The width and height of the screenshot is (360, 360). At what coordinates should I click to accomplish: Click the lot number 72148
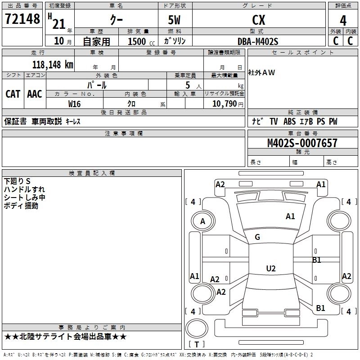(x=22, y=19)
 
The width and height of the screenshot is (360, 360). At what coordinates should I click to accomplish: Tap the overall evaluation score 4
(x=343, y=20)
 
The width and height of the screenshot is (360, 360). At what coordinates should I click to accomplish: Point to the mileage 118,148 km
(x=53, y=64)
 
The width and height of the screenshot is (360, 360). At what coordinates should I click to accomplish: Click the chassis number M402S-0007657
(x=302, y=143)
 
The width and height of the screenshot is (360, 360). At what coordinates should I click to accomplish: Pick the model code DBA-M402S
(x=258, y=41)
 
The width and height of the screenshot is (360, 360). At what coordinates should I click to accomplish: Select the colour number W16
(x=75, y=103)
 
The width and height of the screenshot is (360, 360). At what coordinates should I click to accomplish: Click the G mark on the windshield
(x=257, y=237)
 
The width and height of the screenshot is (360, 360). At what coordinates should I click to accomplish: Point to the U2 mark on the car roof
(x=270, y=269)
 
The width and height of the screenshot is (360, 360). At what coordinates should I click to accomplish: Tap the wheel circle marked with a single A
(x=202, y=221)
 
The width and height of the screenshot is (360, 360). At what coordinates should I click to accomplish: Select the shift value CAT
(x=13, y=94)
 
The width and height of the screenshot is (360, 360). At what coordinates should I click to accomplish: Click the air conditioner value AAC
(x=35, y=94)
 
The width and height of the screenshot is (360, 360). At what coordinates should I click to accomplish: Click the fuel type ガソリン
(x=175, y=41)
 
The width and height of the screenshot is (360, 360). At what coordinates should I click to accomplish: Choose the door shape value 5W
(x=175, y=20)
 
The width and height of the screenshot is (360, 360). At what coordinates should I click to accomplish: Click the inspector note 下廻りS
(x=17, y=181)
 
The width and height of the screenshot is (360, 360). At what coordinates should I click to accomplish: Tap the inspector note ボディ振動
(x=21, y=206)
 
